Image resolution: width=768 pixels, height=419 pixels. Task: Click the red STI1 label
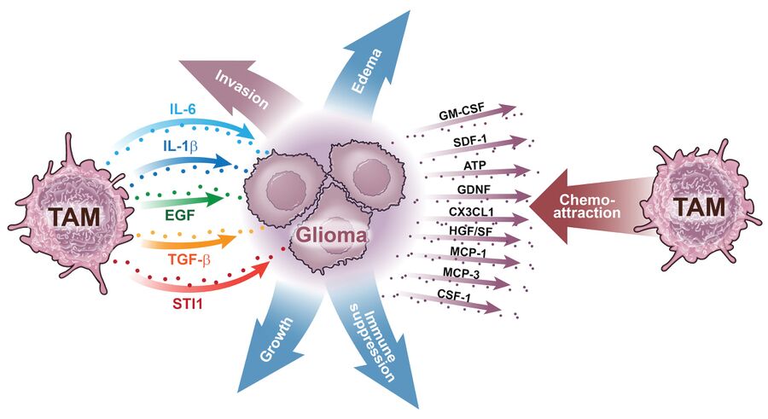pos(188,300)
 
